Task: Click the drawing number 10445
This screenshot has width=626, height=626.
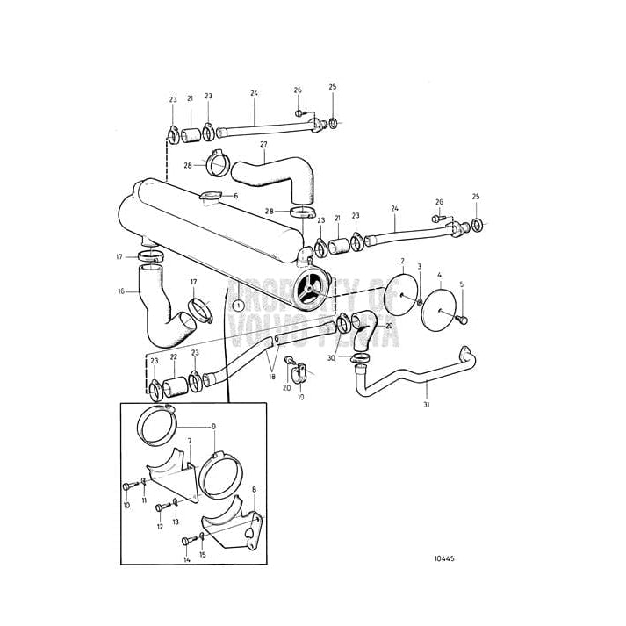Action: tap(444, 558)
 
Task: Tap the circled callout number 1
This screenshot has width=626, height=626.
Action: tap(238, 305)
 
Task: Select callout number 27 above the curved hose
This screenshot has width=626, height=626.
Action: tap(263, 144)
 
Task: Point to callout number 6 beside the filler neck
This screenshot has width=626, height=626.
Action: tap(235, 196)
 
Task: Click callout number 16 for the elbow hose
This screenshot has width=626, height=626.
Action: tap(121, 291)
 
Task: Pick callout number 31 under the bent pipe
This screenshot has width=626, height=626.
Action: tap(427, 405)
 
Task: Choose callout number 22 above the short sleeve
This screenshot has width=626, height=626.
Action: tap(174, 357)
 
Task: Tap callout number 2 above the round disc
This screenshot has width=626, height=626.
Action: tap(402, 261)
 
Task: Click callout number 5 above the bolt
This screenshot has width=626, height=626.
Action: tap(461, 284)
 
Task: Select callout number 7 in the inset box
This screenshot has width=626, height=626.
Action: tap(189, 441)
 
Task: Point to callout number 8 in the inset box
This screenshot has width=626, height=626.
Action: tap(254, 490)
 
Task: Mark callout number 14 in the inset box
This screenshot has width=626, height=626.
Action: tap(187, 559)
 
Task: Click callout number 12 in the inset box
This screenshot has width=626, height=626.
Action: tap(160, 527)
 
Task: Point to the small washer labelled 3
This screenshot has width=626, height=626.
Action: tap(420, 303)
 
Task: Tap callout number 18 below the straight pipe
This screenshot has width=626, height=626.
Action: tap(272, 376)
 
